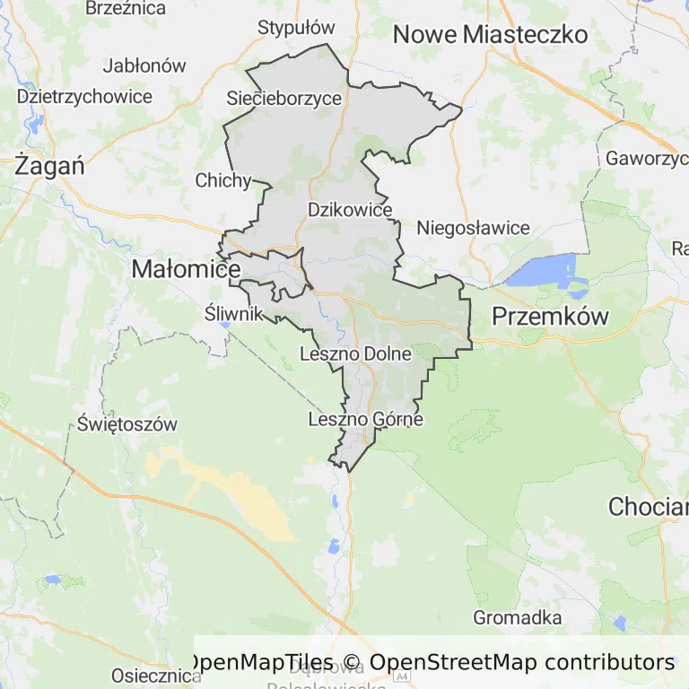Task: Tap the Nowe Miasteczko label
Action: [491, 35]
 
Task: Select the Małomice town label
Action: [186, 268]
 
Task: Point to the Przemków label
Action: [550, 316]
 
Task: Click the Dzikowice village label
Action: [351, 210]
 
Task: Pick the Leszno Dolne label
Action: [356, 354]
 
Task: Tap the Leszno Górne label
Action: [365, 419]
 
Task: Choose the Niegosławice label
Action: [473, 228]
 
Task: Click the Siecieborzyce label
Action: [285, 98]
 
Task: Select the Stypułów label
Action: [296, 28]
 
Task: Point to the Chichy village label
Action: [223, 180]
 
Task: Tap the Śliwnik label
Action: [234, 313]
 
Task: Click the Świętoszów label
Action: [126, 423]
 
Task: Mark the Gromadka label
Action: [518, 617]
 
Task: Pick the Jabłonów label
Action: [144, 65]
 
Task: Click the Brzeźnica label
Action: [126, 8]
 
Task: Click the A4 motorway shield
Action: [401, 676]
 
